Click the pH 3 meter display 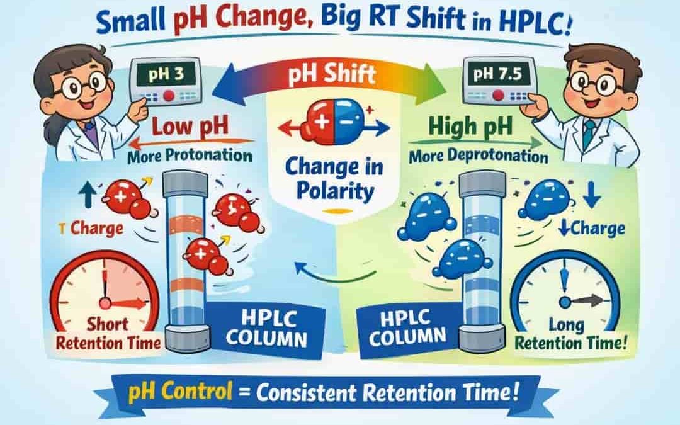tap(166, 74)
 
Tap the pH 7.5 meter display tap(497, 74)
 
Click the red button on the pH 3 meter tap(169, 96)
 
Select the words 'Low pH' tap(190, 127)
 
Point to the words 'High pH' tap(470, 127)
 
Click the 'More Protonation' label tap(190, 156)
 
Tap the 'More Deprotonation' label tap(479, 156)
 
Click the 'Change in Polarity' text tap(334, 179)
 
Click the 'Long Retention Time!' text tap(570, 334)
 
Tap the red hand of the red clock tap(127, 303)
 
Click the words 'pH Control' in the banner tap(180, 391)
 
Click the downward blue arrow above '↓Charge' tap(591, 195)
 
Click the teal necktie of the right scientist tap(589, 134)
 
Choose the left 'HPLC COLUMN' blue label tap(266, 329)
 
